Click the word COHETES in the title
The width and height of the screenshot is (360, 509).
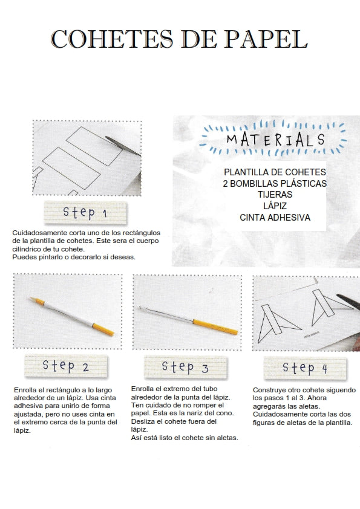[x=112, y=39]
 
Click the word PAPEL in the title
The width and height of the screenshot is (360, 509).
[x=266, y=39]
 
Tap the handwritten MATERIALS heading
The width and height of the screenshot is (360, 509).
[x=275, y=140]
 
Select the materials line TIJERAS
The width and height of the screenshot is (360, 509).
[x=275, y=195]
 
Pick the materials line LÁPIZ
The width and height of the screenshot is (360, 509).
[x=275, y=206]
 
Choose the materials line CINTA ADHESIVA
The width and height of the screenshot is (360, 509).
[x=275, y=218]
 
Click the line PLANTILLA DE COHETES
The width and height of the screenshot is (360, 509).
[x=275, y=172]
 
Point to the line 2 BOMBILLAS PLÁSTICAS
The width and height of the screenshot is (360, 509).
[x=275, y=183]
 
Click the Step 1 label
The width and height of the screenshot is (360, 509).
[x=85, y=213]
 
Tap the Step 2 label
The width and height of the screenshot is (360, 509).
[x=66, y=366]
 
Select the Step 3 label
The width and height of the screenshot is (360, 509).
[x=186, y=367]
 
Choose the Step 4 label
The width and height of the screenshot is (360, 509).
[x=305, y=368]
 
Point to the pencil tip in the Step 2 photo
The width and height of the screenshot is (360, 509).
[x=31, y=299]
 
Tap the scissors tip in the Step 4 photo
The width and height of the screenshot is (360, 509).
[x=338, y=296]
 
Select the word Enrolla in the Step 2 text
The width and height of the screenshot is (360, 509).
[x=25, y=390]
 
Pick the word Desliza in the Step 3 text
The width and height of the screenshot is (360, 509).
[x=142, y=421]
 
